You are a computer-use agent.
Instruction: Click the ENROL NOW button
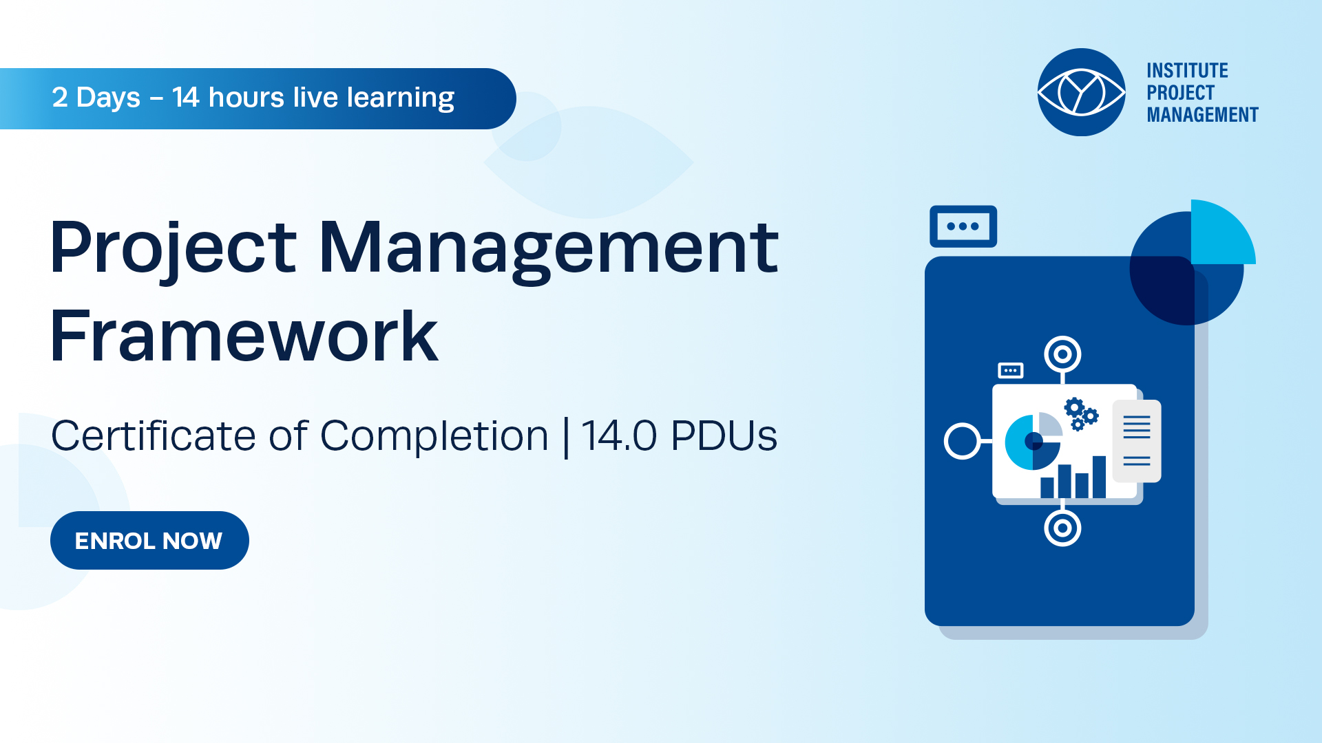[x=149, y=540]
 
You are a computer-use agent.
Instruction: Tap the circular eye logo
[x=1081, y=92]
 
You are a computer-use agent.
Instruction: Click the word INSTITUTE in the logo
[x=1187, y=71]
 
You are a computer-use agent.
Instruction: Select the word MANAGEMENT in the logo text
[x=1202, y=115]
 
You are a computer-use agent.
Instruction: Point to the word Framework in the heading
[x=244, y=336]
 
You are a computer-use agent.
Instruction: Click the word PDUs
[x=724, y=435]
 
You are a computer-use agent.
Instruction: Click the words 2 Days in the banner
[x=96, y=98]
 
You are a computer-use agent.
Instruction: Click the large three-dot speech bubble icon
[x=963, y=226]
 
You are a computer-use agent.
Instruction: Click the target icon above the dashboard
[x=1062, y=354]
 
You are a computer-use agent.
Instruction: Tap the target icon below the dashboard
[x=1062, y=528]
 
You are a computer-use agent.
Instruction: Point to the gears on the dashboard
[x=1081, y=413]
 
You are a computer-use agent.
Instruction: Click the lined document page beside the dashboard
[x=1137, y=441]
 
